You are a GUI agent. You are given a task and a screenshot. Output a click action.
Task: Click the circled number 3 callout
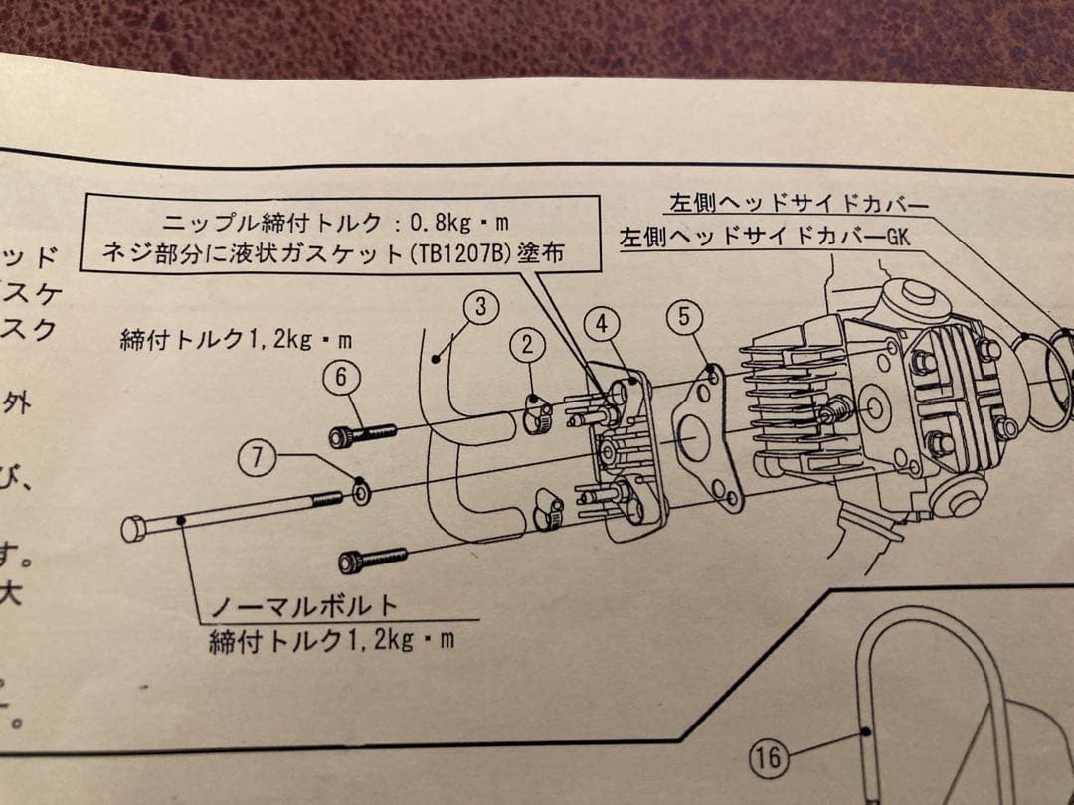pyautogui.click(x=480, y=307)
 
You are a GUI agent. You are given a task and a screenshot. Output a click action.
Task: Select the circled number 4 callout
pyautogui.click(x=602, y=323)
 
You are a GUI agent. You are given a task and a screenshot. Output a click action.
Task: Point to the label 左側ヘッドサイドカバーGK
pyautogui.click(x=765, y=239)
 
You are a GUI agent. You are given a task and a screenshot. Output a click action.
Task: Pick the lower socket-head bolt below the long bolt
pyautogui.click(x=372, y=560)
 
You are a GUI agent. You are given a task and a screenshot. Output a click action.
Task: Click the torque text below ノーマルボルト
pyautogui.click(x=331, y=640)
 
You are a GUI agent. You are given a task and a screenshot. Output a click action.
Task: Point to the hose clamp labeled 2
pyautogui.click(x=537, y=409)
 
